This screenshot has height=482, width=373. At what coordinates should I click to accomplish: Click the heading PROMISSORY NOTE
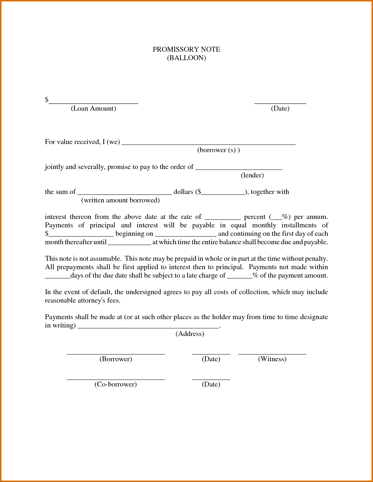pos(186,49)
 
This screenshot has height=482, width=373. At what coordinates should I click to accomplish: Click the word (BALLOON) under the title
pos(186,58)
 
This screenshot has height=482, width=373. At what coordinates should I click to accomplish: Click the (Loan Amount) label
pos(93,109)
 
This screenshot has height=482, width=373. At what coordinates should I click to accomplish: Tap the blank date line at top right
pos(280,102)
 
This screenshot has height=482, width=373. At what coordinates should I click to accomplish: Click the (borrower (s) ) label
pos(218,150)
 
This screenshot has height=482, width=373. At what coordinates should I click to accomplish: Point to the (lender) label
pos(252,175)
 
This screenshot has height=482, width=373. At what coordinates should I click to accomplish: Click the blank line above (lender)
pos(239,168)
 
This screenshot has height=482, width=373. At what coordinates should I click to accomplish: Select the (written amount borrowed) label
pos(120,200)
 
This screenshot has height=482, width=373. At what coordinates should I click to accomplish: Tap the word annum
pos(317,217)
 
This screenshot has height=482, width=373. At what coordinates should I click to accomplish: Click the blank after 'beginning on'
pos(185,235)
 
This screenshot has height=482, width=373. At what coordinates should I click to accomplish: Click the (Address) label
pos(190,334)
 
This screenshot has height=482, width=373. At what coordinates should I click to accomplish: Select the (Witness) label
pos(272,359)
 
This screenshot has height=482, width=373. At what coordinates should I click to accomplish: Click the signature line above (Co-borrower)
pos(116,379)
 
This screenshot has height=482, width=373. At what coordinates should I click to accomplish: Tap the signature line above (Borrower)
pos(116,353)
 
